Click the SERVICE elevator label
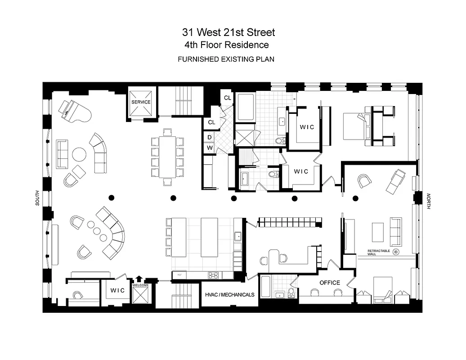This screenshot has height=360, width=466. click(141, 102)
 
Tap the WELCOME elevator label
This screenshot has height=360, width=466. click(140, 285)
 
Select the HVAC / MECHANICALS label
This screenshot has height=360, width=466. click(229, 295)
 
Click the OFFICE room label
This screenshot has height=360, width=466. click(330, 283)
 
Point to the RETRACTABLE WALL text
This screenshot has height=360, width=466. click(377, 252)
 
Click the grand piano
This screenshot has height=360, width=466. click(74, 109)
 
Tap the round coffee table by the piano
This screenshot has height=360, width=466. click(79, 154)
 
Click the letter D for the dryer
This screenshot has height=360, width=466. click(210, 138)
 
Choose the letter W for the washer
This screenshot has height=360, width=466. click(210, 147)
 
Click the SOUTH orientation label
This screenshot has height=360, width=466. click(38, 198)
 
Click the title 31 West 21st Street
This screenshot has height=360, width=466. click(228, 32)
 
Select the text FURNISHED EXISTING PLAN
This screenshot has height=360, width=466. click(226, 59)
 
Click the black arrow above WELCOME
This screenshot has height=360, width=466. click(139, 279)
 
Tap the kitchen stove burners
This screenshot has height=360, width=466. click(212, 275)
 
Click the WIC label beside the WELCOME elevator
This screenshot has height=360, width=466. click(118, 291)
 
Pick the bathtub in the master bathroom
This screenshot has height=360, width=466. click(246, 108)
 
